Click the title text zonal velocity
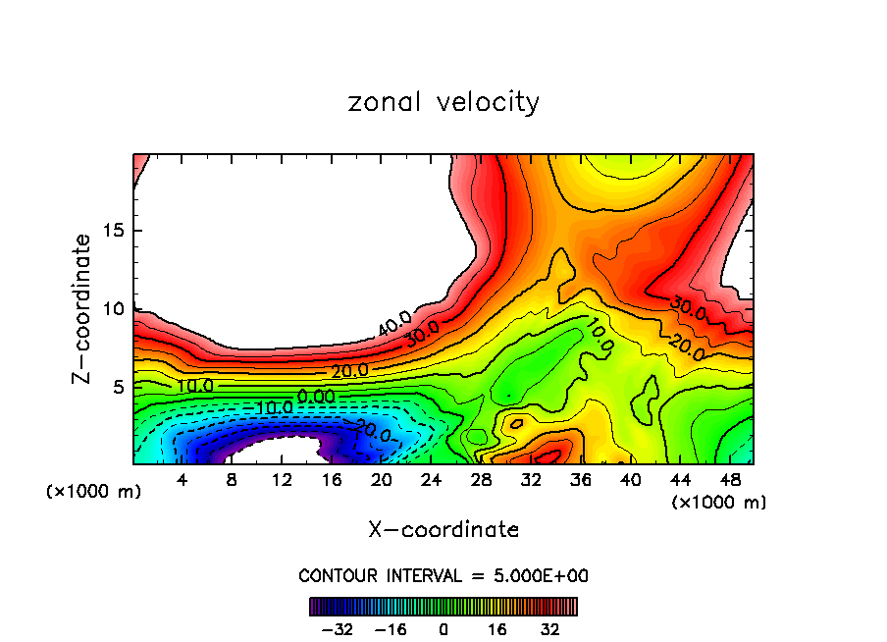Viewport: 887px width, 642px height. click(443, 102)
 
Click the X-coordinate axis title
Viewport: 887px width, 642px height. click(443, 530)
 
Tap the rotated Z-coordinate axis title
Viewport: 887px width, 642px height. click(82, 308)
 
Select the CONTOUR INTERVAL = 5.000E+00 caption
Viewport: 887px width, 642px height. click(443, 575)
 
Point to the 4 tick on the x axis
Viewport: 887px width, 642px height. click(183, 480)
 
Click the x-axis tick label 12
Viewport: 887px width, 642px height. click(283, 480)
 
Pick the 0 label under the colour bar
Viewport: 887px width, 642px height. click(443, 629)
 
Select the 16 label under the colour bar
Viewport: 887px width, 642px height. click(497, 629)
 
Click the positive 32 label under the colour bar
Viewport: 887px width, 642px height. click(550, 629)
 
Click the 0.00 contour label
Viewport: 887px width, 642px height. click(316, 396)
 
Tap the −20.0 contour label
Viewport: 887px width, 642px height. click(372, 430)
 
